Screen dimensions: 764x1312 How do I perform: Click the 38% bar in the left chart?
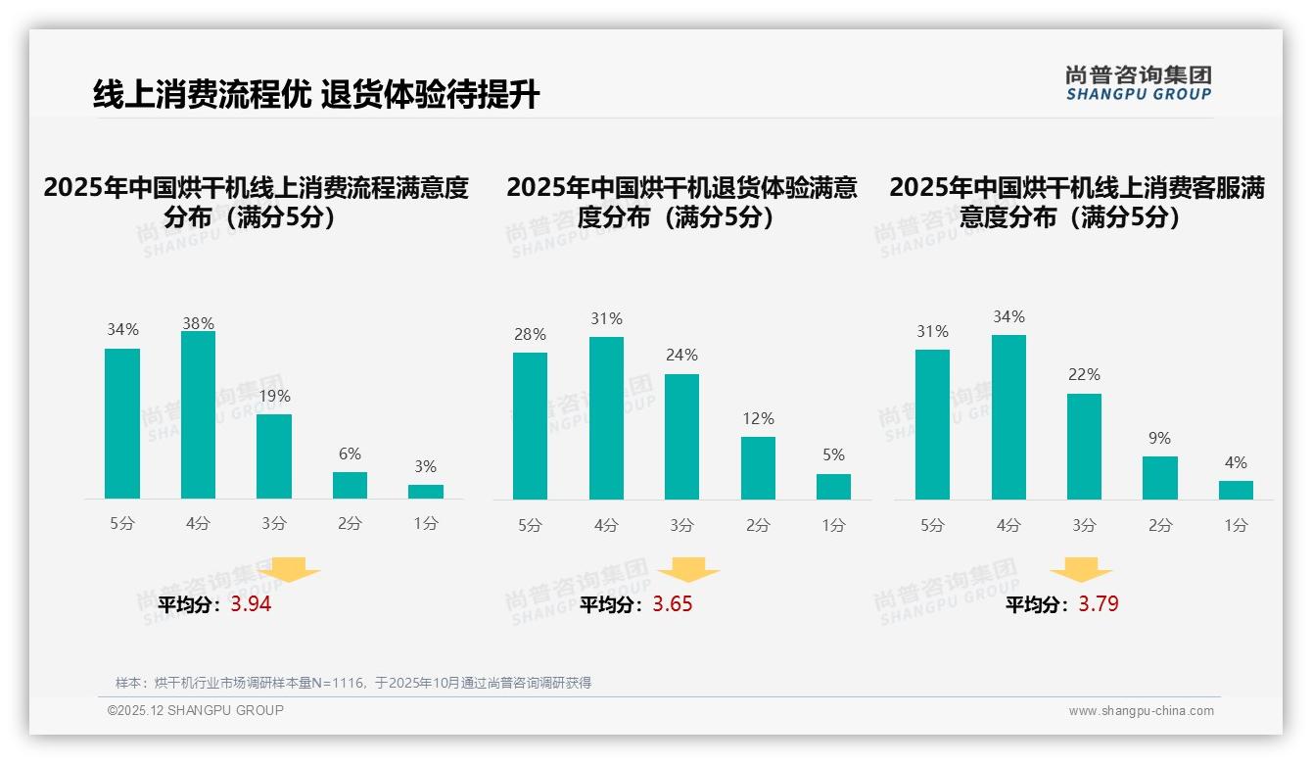tap(198, 415)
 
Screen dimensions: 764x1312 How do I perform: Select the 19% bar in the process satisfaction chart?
tap(274, 456)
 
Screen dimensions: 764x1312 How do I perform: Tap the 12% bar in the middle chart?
tap(758, 468)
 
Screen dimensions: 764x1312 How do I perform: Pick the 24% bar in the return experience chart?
tap(681, 437)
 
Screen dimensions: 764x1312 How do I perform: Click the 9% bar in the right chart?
tap(1159, 478)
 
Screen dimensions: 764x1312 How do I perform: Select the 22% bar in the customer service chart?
tap(1084, 447)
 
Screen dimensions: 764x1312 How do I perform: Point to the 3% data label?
tap(425, 467)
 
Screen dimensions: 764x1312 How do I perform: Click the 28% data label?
tap(530, 335)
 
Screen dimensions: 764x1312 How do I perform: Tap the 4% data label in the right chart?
tap(1236, 463)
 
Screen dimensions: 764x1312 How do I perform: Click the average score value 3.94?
tap(251, 604)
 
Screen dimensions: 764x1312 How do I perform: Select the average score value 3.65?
tap(673, 604)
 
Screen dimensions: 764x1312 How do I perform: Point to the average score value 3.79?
tap(1099, 604)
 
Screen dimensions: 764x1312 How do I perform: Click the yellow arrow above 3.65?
tap(688, 570)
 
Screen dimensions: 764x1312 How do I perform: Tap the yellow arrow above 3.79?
tap(1081, 570)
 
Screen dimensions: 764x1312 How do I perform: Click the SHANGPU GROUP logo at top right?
tap(1138, 83)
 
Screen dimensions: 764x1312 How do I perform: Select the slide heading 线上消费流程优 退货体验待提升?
tap(316, 94)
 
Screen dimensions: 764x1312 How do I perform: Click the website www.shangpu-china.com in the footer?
tap(1141, 711)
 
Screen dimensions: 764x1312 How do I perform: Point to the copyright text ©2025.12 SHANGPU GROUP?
tap(196, 710)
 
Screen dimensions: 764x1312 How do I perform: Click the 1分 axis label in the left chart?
tap(425, 524)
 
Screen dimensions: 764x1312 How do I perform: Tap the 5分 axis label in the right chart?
tap(932, 526)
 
